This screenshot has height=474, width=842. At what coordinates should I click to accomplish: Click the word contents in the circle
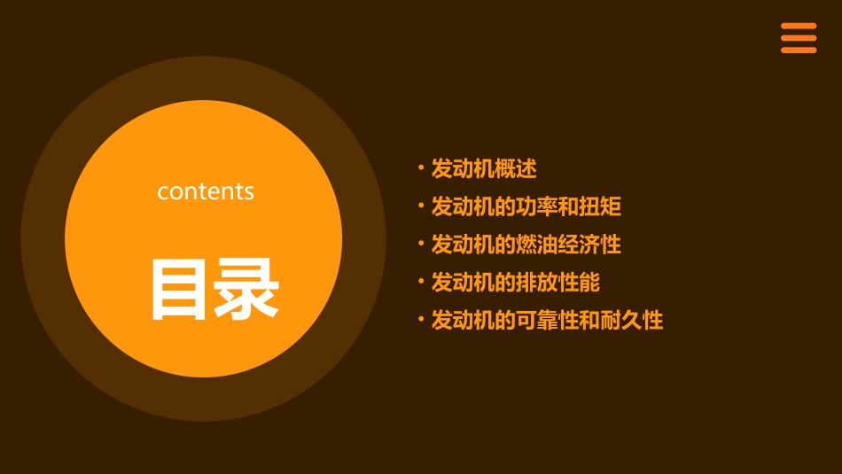[x=206, y=191]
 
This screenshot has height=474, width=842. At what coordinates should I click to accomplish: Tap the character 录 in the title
[x=245, y=289]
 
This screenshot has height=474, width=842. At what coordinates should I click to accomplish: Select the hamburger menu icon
[x=799, y=38]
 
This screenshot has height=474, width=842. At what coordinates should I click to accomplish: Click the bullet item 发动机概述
[x=484, y=168]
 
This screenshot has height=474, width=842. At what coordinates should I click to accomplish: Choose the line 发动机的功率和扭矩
[x=526, y=206]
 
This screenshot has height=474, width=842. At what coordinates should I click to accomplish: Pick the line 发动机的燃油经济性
[x=526, y=245]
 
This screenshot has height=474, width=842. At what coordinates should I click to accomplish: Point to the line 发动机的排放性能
[x=516, y=283]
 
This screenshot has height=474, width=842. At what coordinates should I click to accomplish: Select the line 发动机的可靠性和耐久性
[x=547, y=320]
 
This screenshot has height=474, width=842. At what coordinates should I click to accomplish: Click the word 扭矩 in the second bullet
[x=601, y=206]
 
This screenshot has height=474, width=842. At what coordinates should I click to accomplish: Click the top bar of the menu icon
[x=799, y=27]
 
